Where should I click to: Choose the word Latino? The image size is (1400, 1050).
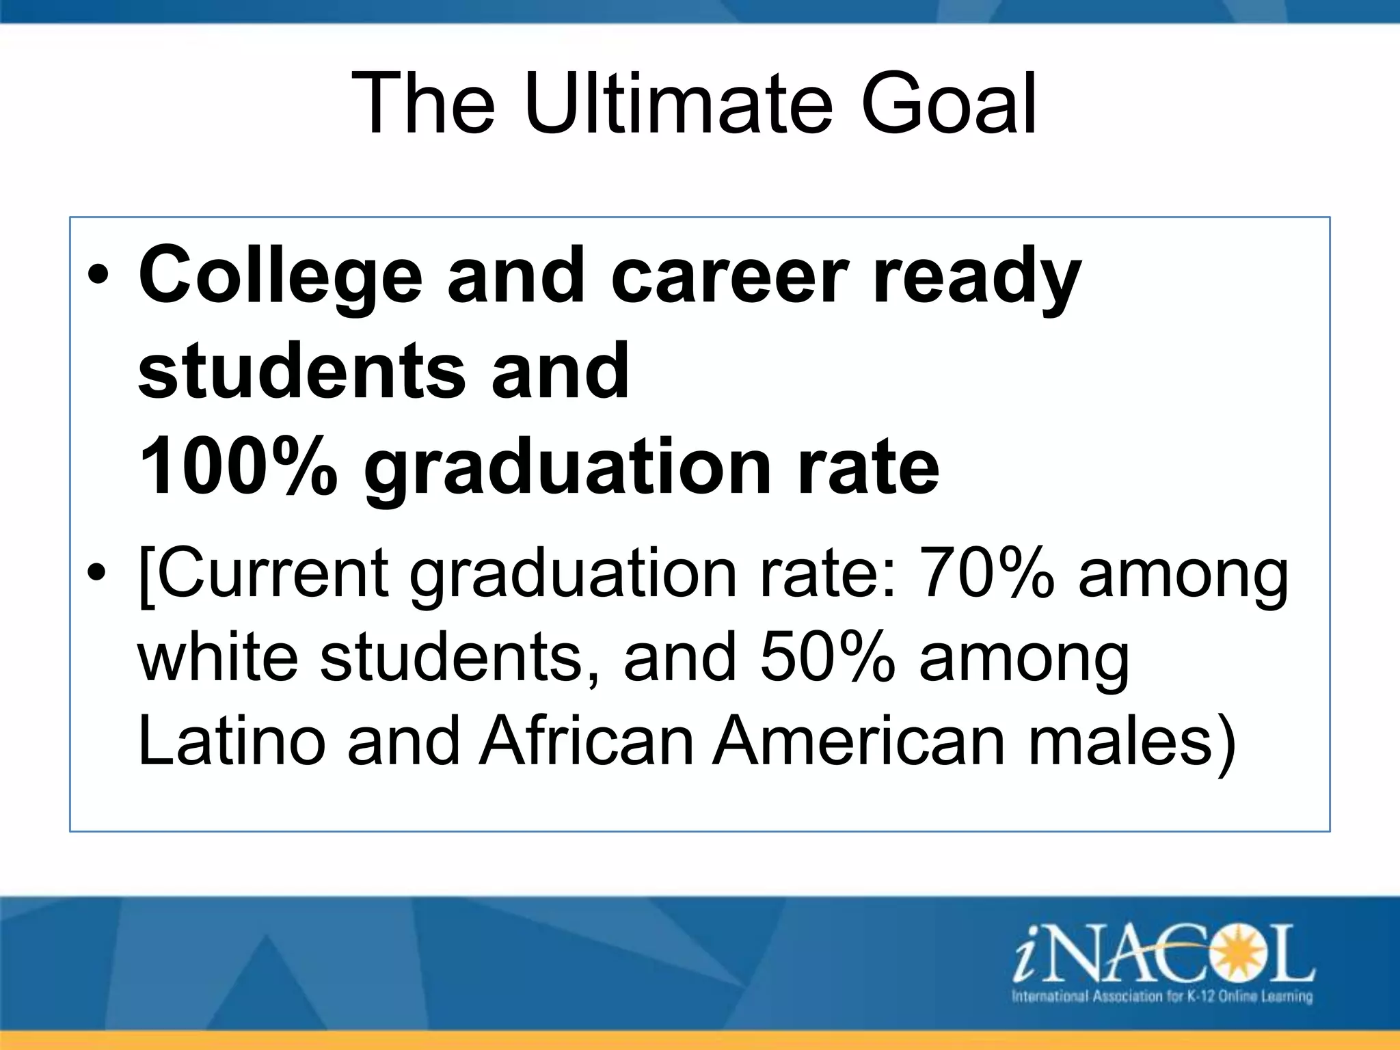click(x=231, y=742)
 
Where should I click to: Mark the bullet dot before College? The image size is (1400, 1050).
click(x=98, y=280)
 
